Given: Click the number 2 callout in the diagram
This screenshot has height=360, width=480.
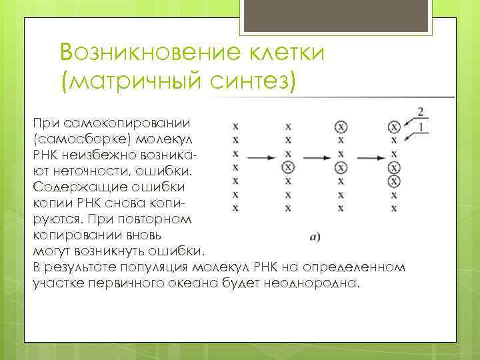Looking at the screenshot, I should (421, 111).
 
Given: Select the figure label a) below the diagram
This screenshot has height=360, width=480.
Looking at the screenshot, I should (315, 235).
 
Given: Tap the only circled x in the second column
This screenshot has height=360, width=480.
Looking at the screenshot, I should (287, 167).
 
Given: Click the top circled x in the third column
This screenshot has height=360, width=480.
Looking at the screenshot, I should (341, 127).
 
